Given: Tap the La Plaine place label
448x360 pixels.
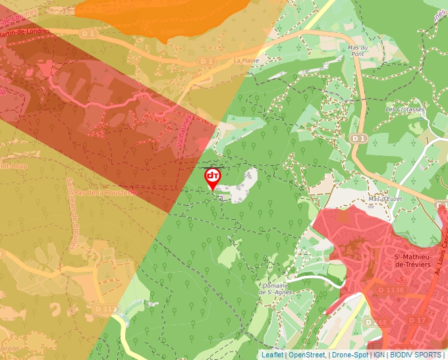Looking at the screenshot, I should (244, 61).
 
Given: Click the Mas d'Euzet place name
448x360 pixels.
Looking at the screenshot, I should (385, 199).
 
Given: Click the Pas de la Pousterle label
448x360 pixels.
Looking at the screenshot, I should (105, 192).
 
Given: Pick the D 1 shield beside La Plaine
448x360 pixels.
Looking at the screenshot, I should (207, 61).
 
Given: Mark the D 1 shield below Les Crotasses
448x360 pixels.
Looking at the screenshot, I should (358, 139).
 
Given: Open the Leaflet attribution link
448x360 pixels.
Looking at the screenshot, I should (271, 355).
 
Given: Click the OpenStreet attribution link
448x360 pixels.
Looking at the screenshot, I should (307, 355).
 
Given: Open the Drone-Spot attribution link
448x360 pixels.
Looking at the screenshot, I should (350, 355).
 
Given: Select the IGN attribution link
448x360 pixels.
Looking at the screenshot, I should (379, 355).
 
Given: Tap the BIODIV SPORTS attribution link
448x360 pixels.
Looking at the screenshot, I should (416, 355).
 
